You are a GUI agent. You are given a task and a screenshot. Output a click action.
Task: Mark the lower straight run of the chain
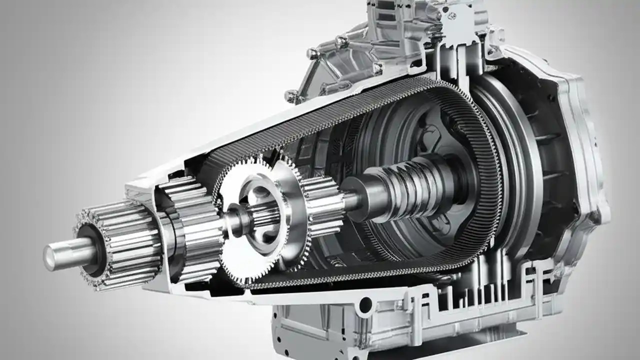(350, 272)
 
